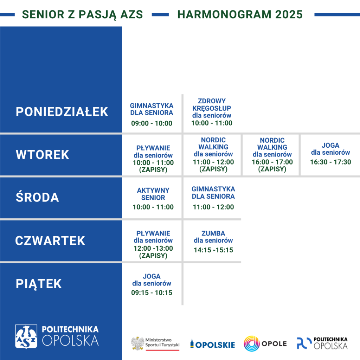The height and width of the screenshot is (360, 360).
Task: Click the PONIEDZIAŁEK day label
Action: tap(62, 112)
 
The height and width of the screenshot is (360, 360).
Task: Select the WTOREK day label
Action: tap(43, 155)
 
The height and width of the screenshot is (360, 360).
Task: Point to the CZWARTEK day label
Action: tap(50, 240)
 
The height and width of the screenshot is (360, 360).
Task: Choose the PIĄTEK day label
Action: tap(39, 284)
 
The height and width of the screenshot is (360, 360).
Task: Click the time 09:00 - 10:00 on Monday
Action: tap(152, 123)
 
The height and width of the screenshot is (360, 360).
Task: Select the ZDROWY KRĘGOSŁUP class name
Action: tap(212, 104)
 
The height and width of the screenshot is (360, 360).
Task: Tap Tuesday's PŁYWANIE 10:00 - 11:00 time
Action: tap(153, 162)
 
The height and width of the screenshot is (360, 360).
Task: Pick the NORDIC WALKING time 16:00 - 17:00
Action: tap(272, 162)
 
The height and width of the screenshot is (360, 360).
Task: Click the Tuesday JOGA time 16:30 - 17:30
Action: tap(330, 162)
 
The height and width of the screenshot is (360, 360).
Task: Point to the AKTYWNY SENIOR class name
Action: tap(153, 194)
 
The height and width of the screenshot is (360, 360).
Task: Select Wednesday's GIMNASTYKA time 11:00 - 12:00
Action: tap(213, 207)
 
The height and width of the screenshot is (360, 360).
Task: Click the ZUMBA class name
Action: tap(213, 233)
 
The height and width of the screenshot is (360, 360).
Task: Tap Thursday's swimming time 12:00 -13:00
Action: tap(153, 248)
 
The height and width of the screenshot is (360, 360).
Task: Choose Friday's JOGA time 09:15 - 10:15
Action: tap(152, 292)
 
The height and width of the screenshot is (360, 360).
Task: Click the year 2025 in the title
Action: tap(289, 14)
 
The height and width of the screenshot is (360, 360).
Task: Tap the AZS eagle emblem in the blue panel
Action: tap(26, 336)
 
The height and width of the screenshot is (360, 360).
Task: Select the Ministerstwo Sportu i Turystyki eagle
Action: tap(137, 343)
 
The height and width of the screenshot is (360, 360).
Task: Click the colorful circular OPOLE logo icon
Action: tap(252, 344)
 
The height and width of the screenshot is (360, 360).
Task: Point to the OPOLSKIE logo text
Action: tap(215, 345)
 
